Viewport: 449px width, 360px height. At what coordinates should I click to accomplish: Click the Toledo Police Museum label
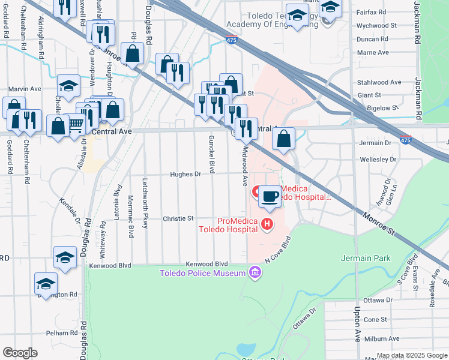[x=202, y=274]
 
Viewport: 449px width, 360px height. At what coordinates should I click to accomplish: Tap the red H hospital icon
[x=267, y=225]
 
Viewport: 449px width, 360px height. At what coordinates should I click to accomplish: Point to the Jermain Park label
[x=366, y=258]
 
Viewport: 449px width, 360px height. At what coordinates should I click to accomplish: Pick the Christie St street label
[x=178, y=219]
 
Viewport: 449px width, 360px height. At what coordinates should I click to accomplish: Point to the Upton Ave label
[x=357, y=328]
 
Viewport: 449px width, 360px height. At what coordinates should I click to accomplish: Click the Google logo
[x=20, y=353]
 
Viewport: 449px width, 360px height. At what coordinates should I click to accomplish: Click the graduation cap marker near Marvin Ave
[x=69, y=86]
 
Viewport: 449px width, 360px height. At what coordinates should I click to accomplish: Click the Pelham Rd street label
[x=61, y=332]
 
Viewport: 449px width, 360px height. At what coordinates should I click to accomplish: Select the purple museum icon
[x=255, y=274]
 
